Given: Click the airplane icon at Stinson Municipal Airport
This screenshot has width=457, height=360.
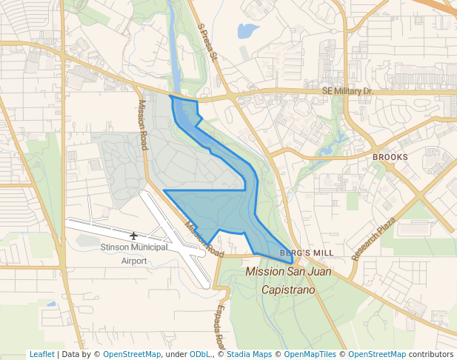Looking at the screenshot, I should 133,236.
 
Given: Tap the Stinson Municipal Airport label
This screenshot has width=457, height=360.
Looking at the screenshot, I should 134,254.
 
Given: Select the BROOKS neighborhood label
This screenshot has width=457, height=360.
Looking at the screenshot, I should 390,157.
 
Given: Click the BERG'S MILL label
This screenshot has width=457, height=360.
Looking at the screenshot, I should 307,253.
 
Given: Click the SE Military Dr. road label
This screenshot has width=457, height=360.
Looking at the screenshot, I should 347,91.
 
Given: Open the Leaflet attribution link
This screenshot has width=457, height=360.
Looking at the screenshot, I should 41,354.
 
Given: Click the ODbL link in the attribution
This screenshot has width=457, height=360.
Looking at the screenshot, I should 200,354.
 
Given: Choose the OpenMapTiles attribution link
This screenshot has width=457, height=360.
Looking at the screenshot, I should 311,354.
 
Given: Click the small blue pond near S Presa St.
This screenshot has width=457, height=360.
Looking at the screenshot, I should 247,31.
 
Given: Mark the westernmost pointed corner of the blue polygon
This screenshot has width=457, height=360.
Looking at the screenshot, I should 164,191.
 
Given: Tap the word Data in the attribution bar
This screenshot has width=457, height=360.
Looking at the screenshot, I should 72,354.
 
